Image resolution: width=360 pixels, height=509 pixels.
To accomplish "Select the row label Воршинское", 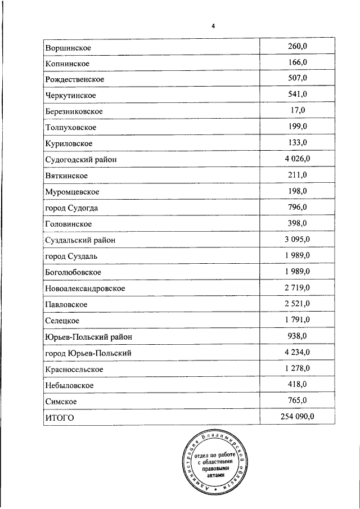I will click(68, 48).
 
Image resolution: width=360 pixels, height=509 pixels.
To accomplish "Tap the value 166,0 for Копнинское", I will click(297, 62).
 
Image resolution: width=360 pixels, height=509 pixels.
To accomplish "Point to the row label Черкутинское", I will click(70, 95).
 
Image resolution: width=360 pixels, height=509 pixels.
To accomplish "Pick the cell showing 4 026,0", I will click(297, 159).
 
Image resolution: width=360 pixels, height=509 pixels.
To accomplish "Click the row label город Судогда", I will click(71, 208).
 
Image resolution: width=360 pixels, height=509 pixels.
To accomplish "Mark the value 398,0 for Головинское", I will click(297, 224).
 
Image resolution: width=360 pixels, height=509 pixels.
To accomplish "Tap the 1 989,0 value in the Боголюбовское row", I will click(297, 272).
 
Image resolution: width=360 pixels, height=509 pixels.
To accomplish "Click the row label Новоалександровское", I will click(84, 289).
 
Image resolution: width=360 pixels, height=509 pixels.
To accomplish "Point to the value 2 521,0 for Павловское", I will click(297, 304).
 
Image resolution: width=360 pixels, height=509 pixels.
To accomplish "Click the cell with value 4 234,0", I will click(297, 353).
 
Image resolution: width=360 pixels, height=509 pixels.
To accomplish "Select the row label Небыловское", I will click(69, 385).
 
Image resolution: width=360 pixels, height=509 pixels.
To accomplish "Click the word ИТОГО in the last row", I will click(59, 417).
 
